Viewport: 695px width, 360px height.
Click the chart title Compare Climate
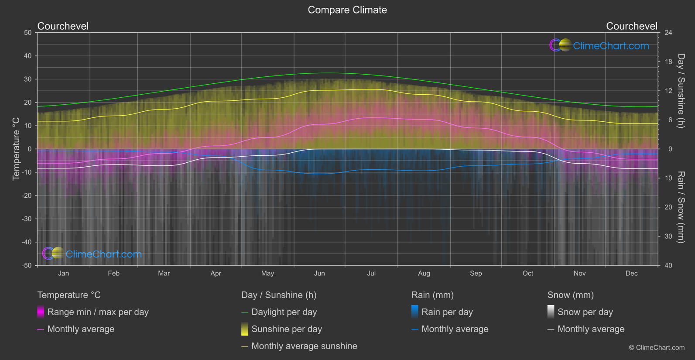(x=347, y=10)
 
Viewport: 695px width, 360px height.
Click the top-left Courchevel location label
(x=63, y=26)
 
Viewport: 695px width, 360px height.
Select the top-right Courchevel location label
(x=631, y=26)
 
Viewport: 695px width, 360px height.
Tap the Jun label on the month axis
(x=319, y=274)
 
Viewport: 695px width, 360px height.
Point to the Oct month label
(x=527, y=274)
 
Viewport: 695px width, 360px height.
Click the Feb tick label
(x=113, y=274)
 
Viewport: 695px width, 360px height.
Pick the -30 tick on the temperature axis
(x=27, y=219)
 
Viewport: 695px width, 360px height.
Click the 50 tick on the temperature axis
(x=28, y=33)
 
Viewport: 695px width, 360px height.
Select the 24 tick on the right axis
(x=668, y=33)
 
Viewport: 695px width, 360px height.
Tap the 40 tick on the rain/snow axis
(x=668, y=265)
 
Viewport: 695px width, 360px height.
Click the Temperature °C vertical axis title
(x=16, y=149)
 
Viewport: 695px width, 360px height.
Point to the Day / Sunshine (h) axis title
(x=681, y=91)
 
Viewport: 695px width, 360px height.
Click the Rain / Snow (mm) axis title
(x=681, y=207)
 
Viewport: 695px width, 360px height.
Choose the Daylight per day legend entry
(x=284, y=312)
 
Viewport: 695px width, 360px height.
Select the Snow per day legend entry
(x=585, y=312)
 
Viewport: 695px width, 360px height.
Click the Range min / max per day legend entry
(x=98, y=312)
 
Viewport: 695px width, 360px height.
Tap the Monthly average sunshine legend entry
(x=304, y=346)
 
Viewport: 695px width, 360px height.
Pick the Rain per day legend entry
(x=447, y=312)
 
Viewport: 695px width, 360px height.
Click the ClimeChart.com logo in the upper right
(x=599, y=45)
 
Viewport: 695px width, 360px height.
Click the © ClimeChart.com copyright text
(x=657, y=348)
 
